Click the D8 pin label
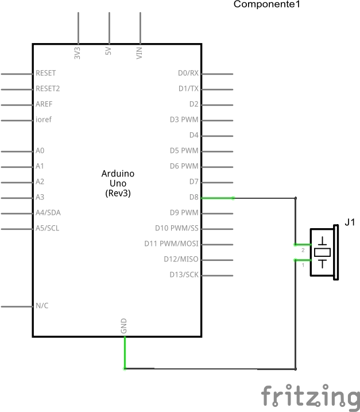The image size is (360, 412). coord(193,197)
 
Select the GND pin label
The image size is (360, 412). coord(124,326)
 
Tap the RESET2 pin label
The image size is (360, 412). coord(48,88)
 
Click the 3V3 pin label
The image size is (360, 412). coord(78,53)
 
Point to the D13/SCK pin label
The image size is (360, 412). coord(184,275)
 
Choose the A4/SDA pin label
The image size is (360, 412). coord(48,213)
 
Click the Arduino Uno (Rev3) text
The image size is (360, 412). coord(118,183)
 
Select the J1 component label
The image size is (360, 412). coord(350,222)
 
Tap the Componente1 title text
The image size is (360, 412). coord(266,5)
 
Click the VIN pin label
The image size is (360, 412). coord(139,53)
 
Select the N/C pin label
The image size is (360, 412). coord(42,306)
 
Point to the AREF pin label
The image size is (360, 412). coord(44,104)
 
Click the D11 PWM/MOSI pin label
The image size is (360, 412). coord(171,244)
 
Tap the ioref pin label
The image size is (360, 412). coord(44,120)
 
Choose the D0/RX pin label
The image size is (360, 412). coord(188,73)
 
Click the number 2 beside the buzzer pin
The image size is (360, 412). coord(303,251)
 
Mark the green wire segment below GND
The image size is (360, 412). coord(125,353)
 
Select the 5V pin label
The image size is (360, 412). coord(108,52)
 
